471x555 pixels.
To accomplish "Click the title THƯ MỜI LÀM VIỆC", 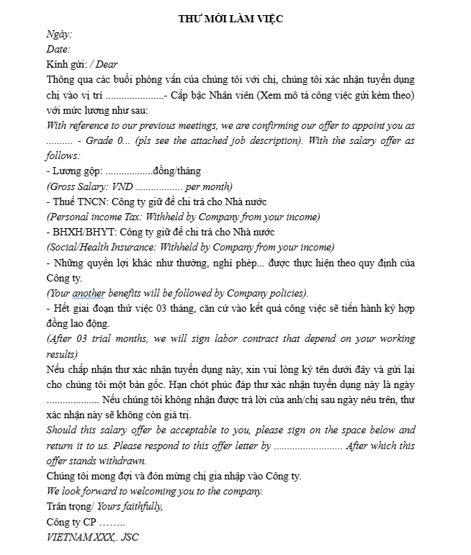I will click(x=230, y=19).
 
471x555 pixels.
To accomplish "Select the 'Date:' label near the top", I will click(x=58, y=49).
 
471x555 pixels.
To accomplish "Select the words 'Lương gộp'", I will click(x=76, y=171).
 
